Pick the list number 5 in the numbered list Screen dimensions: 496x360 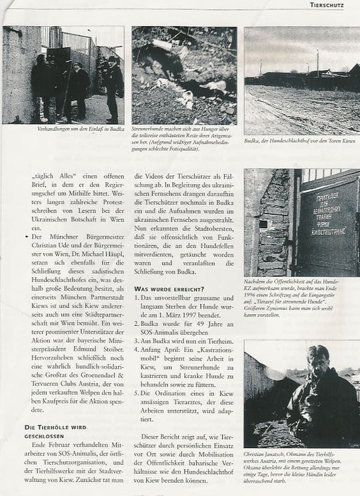137,393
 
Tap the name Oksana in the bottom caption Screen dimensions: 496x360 257,468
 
